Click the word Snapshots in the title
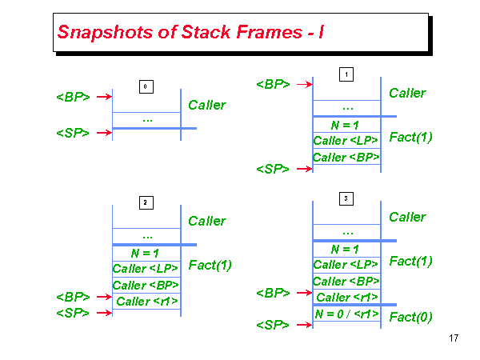coord(105,32)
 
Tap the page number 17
coord(454,338)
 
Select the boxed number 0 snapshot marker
coord(146,86)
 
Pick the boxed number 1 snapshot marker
coord(346,74)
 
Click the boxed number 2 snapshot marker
coord(146,202)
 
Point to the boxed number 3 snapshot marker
coord(346,198)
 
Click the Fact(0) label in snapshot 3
coord(410,317)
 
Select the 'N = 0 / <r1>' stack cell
coord(346,314)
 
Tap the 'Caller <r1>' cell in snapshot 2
coord(146,302)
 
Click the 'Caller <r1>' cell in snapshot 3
coord(346,297)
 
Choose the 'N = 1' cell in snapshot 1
coord(346,125)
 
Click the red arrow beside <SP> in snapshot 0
coord(104,133)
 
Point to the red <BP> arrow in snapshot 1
coord(305,84)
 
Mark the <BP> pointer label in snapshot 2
coord(73,297)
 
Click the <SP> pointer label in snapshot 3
coord(273,325)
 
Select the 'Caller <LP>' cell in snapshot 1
coord(346,141)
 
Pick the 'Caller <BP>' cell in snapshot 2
coord(146,286)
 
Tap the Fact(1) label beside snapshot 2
coord(210,265)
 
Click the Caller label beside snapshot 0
coord(207,105)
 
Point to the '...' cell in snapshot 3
coord(346,232)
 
